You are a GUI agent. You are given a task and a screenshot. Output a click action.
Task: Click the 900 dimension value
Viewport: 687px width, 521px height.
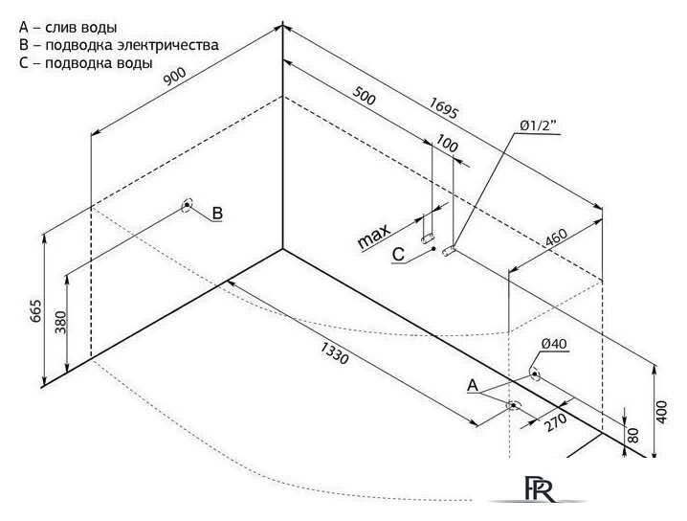coord(174,77)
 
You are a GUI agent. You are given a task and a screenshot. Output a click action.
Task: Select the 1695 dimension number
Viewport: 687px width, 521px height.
coord(443,108)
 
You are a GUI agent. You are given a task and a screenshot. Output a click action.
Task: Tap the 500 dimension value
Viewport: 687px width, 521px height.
coord(365,96)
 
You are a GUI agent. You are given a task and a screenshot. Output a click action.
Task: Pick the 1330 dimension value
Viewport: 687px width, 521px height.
coord(335,353)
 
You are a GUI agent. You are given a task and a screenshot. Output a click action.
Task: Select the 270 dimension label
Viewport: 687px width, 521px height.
coord(555,422)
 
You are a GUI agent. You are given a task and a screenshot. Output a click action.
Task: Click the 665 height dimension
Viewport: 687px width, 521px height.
coord(36,310)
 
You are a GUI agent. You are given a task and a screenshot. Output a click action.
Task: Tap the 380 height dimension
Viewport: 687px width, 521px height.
coord(60,322)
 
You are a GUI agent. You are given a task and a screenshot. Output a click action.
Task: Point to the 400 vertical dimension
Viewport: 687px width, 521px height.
coord(661,412)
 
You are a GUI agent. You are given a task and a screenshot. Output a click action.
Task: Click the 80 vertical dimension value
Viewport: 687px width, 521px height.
coord(633,435)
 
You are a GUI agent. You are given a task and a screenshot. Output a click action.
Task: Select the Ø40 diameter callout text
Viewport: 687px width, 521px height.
coord(554,344)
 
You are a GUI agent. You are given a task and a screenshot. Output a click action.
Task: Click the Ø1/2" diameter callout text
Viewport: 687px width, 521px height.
coord(538,125)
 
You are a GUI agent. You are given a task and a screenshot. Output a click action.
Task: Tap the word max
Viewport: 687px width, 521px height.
coord(374,237)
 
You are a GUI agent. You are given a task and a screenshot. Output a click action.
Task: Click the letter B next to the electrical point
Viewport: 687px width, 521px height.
coord(217,214)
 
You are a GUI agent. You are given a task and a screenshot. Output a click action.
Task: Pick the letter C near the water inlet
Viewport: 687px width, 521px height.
coord(398,255)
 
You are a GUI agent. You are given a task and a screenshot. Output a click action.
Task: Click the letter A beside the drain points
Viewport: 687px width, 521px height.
coord(473,386)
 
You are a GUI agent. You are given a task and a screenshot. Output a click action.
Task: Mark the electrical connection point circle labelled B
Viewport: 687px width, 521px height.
coord(188,204)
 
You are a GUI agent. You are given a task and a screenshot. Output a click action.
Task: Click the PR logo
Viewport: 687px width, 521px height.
coord(539,488)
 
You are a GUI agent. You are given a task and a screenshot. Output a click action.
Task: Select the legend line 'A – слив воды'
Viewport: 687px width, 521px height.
coord(68,28)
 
